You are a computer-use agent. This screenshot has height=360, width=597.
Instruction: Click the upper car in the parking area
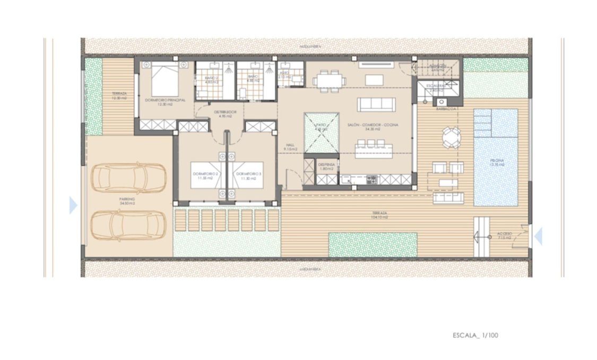128,178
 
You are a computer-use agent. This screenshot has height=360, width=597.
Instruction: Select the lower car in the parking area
128,225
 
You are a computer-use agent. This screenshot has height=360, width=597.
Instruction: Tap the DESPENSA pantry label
326,166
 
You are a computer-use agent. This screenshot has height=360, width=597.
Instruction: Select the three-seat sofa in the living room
375,104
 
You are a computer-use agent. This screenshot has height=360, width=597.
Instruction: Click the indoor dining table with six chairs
329,81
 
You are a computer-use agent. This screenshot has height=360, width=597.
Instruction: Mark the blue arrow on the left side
73,205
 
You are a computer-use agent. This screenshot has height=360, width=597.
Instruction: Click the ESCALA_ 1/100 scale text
475,336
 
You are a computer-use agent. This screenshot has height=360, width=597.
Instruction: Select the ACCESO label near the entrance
504,235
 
